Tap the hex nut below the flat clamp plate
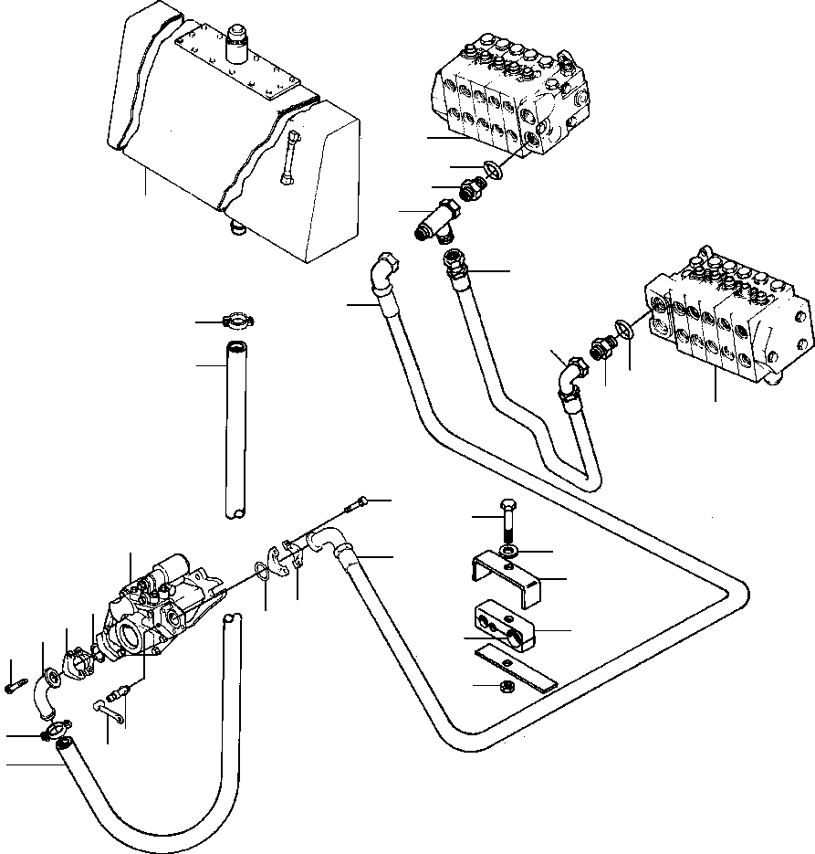click(x=504, y=686)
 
